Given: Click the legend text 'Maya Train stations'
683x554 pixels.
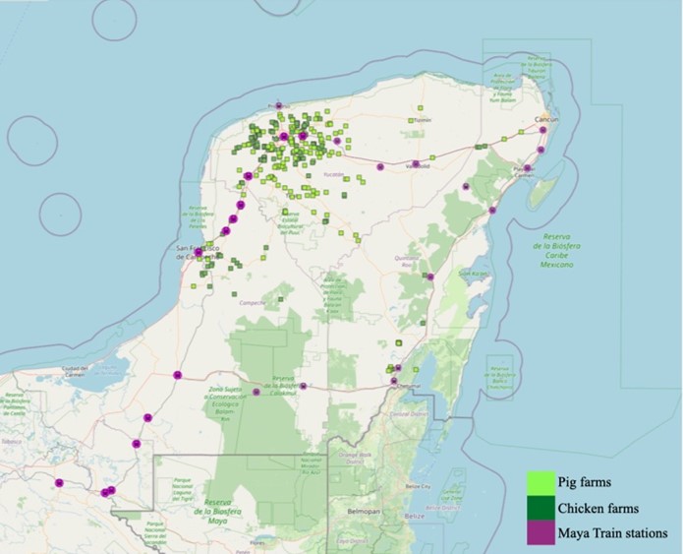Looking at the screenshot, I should click(613, 533).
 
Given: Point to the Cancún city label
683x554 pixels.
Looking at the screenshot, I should click(545, 119).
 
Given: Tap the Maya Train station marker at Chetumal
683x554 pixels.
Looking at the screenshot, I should click(394, 381).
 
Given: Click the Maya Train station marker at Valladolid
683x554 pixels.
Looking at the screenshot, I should click(417, 164).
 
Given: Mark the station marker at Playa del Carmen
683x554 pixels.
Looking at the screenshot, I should click(528, 168).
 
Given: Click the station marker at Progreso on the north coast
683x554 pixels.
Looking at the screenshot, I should click(279, 105).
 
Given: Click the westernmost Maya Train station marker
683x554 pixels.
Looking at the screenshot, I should click(60, 483).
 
